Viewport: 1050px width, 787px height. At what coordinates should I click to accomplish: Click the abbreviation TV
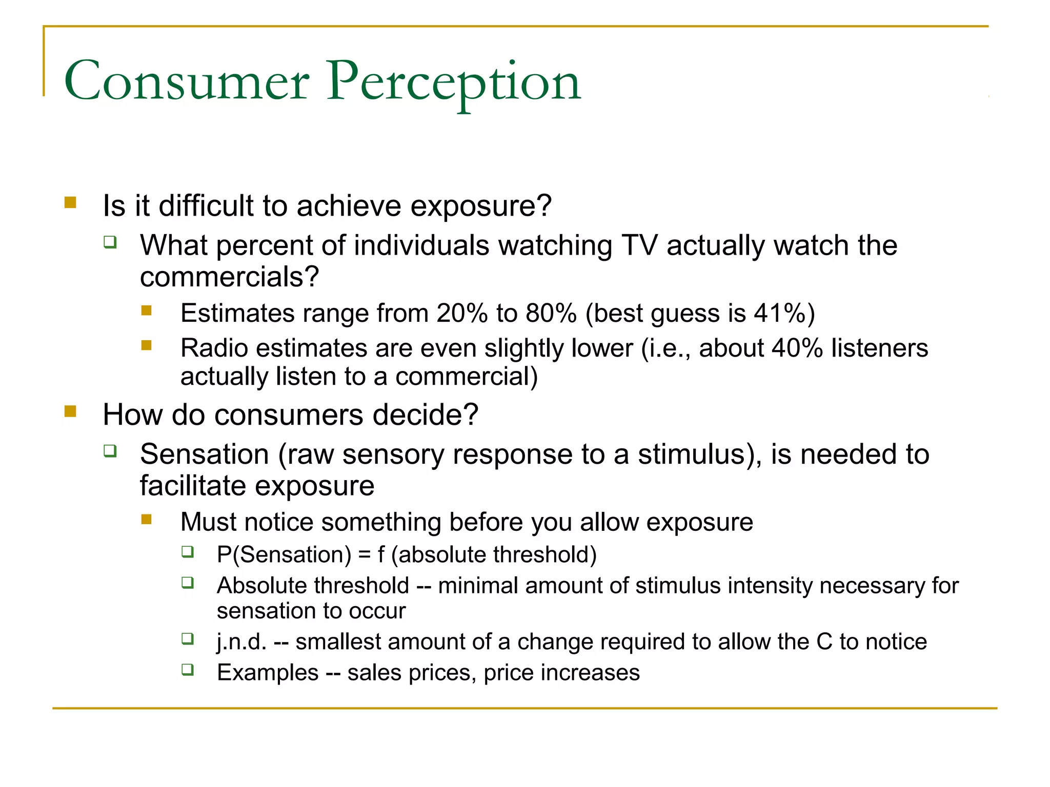[639, 245]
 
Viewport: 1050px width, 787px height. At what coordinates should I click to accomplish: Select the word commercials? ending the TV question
[229, 277]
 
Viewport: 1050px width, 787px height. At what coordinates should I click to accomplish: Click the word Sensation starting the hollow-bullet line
[204, 454]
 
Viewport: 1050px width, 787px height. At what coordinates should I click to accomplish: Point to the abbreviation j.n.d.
[241, 642]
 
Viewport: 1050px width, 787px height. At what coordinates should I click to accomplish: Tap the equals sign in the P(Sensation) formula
[364, 555]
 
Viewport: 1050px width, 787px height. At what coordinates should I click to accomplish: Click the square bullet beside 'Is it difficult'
[70, 203]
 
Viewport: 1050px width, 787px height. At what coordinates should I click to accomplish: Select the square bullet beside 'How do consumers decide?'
[70, 411]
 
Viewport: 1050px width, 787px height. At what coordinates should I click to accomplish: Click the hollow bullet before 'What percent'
[110, 242]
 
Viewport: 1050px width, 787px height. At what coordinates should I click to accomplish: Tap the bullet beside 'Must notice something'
[147, 520]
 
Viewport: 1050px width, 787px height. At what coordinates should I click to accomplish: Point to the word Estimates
[237, 313]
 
